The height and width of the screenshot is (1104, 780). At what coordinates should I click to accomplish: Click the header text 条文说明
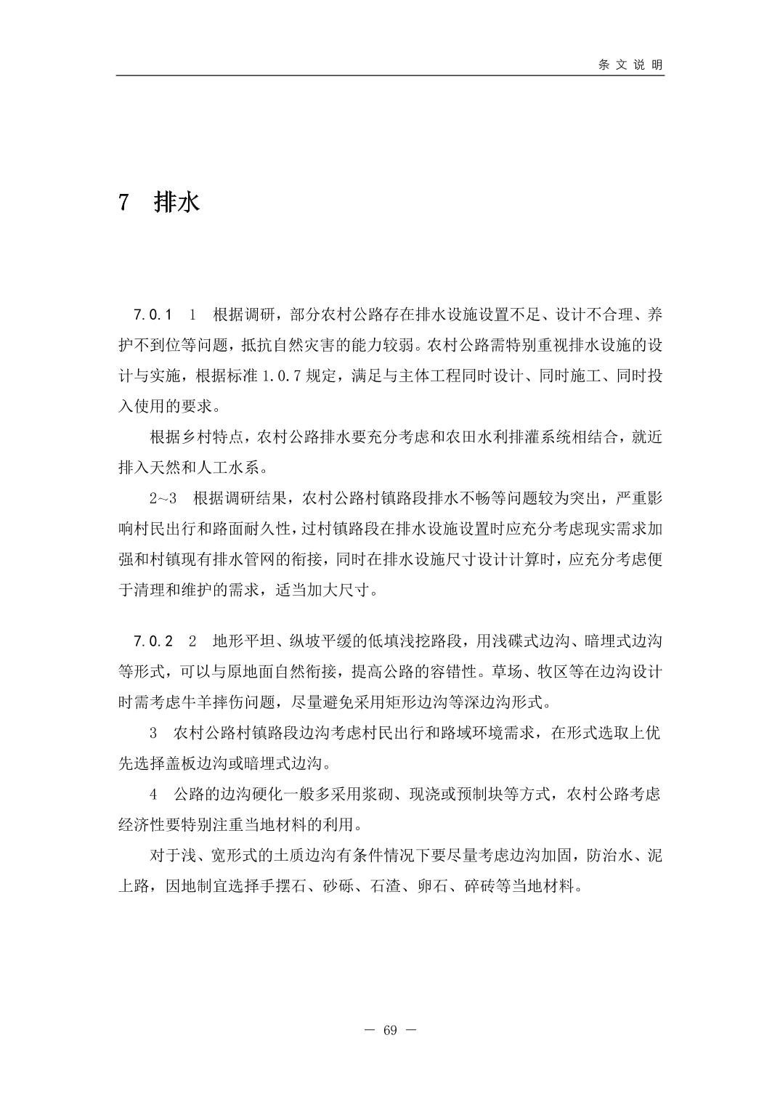[630, 65]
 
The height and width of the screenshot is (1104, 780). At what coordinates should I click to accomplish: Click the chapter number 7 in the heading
[123, 202]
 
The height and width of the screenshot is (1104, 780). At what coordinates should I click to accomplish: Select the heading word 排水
[176, 202]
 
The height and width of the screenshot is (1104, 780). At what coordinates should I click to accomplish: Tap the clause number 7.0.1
[153, 315]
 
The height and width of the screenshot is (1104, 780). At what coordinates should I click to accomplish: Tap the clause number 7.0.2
[153, 641]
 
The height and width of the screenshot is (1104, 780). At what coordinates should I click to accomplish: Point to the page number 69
[390, 1031]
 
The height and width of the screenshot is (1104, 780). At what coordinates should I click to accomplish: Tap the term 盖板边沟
[222, 763]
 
